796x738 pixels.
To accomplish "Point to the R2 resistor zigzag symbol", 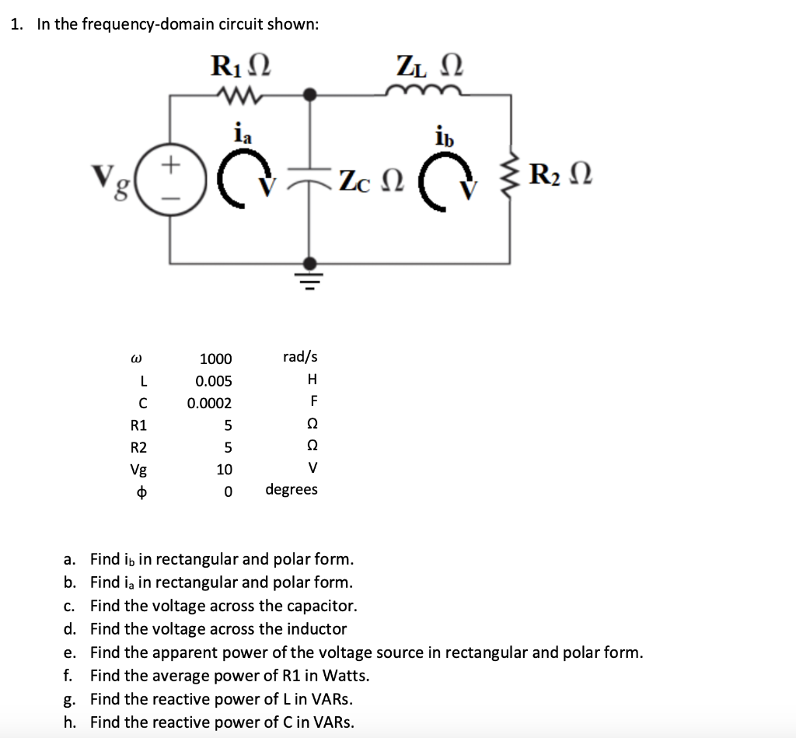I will point(511,176).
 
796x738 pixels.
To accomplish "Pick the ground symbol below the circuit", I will point(309,279).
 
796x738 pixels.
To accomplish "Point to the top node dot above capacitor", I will point(309,95).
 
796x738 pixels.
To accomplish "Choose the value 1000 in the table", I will point(215,359).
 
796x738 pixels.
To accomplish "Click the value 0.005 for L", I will point(214,381).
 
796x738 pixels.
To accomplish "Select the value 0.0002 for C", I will point(209,403).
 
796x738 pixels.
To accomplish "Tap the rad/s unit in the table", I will point(300,357).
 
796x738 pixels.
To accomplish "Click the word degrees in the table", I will point(292,490).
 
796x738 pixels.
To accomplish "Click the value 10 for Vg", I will point(224,470).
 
